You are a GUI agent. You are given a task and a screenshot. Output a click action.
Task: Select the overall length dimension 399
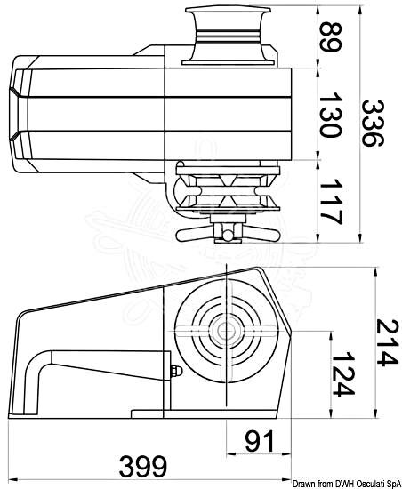click(142, 466)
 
